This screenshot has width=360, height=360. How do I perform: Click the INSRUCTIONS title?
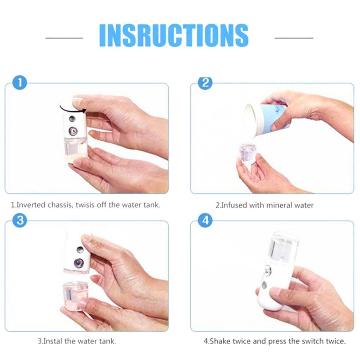coord(174,36)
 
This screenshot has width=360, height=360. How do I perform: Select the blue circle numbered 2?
coord(205,83)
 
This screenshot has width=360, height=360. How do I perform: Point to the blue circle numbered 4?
coord(205,221)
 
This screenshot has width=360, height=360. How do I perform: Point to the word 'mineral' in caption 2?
coord(274,205)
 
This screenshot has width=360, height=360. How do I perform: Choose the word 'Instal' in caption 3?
coord(53,341)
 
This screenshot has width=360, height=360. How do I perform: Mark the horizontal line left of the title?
coord(64,37)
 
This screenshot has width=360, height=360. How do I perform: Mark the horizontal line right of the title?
coord(294,37)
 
